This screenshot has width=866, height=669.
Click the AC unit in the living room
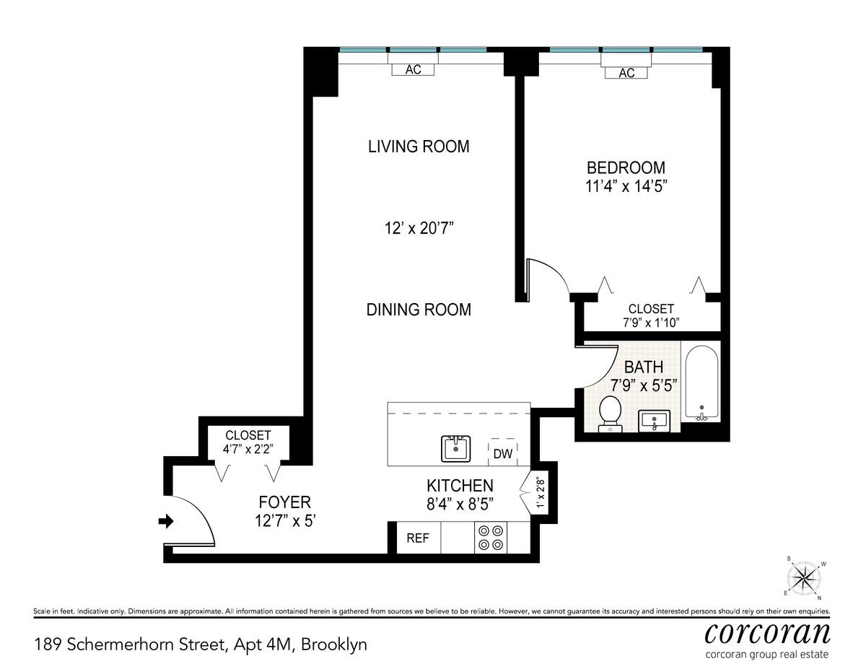(413, 70)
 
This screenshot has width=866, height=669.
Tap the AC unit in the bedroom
(626, 73)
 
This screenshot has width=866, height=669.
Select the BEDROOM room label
(626, 167)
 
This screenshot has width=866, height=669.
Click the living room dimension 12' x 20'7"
(419, 229)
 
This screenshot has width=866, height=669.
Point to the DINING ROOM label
(419, 310)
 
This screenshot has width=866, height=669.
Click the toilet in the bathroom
(610, 414)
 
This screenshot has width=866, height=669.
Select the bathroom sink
(654, 421)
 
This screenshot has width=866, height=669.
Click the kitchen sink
(456, 449)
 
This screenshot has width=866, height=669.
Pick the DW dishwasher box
(503, 452)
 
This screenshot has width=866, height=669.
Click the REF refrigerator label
(418, 538)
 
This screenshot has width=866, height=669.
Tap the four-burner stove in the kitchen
(491, 538)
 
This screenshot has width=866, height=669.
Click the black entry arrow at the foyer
(166, 521)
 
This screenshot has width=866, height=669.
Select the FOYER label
(284, 502)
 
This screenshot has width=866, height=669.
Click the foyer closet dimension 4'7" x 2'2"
(248, 450)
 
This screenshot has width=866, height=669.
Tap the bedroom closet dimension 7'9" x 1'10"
(651, 323)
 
